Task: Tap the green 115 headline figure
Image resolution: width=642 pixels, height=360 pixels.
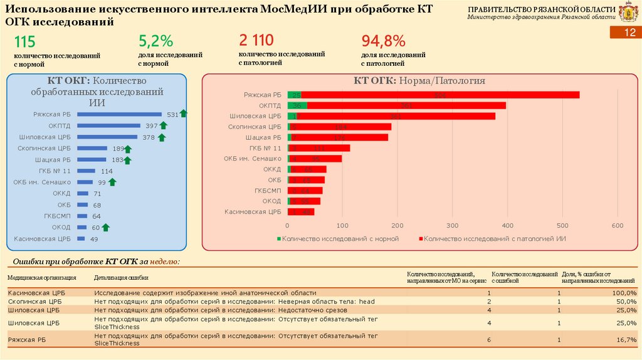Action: (24, 42)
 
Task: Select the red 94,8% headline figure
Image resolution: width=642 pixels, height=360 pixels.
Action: (383, 41)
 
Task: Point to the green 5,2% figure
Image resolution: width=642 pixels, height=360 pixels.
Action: (155, 41)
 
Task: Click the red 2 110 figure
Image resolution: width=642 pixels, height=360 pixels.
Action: (256, 41)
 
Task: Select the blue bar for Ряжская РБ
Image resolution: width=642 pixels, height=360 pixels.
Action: (119, 114)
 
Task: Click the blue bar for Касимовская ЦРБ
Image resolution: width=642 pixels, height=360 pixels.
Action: (80, 239)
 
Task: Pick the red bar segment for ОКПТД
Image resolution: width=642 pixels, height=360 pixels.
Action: (406, 105)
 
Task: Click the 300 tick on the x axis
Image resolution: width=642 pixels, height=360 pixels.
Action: (453, 225)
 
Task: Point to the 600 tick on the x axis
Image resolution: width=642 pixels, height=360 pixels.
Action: (618, 225)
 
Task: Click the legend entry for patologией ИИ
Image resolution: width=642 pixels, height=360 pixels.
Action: (495, 239)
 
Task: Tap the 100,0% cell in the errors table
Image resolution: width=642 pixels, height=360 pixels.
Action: (623, 293)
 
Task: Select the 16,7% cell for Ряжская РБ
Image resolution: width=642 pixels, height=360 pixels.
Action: (625, 339)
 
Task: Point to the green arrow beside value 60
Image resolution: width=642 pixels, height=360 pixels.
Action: (106, 227)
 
